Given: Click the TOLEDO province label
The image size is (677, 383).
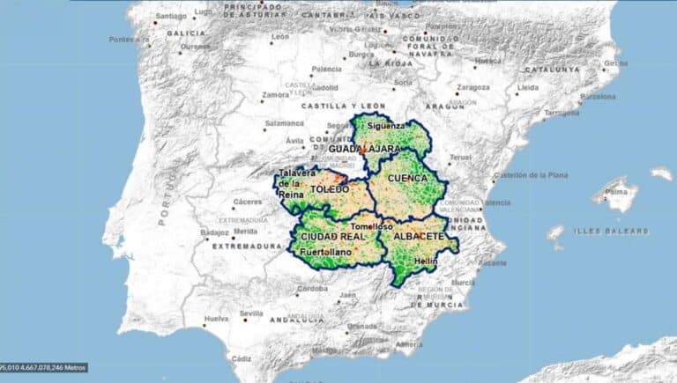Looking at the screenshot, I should tap(329, 188).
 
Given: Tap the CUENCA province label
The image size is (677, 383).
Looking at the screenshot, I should tap(408, 177).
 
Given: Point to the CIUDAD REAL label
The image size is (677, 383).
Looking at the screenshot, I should tap(332, 237).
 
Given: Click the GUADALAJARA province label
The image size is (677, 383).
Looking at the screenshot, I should tap(365, 149).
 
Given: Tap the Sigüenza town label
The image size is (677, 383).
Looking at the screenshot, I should tap(387, 126).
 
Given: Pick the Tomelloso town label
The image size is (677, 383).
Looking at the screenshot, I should tap(371, 226).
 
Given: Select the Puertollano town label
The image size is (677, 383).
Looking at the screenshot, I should tap(326, 253).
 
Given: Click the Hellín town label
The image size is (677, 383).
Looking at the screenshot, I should tap(426, 261).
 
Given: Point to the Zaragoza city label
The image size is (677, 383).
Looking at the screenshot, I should tap(472, 88).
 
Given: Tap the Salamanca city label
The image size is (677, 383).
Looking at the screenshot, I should tap(284, 123).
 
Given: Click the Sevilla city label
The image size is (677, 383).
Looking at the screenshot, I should tap(251, 313).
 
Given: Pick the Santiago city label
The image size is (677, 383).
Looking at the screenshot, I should tap(171, 16).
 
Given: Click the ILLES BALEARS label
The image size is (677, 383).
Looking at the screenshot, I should tap(611, 231).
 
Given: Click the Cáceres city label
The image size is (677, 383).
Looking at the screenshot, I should tap(248, 202).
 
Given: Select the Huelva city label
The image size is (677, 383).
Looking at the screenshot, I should tap(216, 319).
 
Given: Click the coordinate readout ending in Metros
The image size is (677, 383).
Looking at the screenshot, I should tap(42, 367).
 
